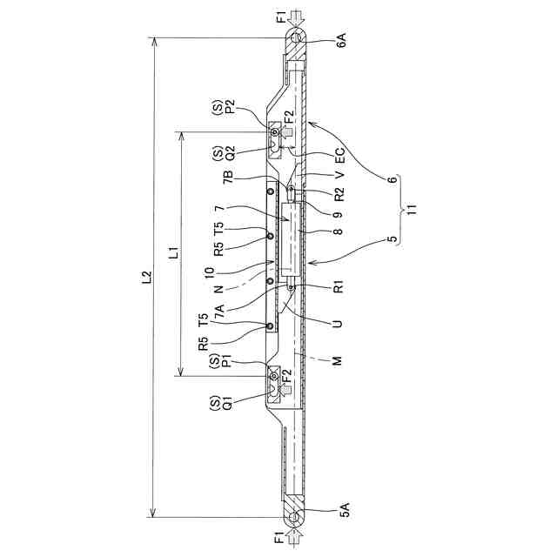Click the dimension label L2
click(147, 278)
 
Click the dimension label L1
click(174, 253)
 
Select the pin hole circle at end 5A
click(294, 516)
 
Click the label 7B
click(228, 177)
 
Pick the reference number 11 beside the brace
click(413, 209)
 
